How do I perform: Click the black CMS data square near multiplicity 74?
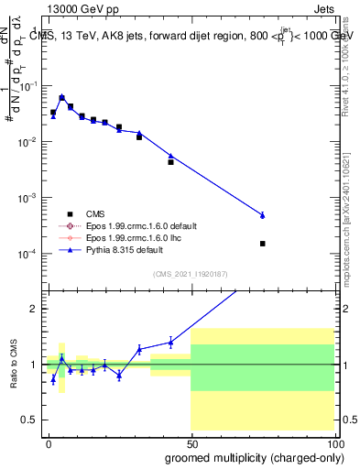click(263, 244)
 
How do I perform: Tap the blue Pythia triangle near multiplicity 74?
click(263, 215)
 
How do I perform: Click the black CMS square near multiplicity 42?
click(170, 162)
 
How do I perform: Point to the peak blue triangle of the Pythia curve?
click(61, 97)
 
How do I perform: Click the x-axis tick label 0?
click(49, 443)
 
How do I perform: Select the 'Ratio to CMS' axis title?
click(12, 365)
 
